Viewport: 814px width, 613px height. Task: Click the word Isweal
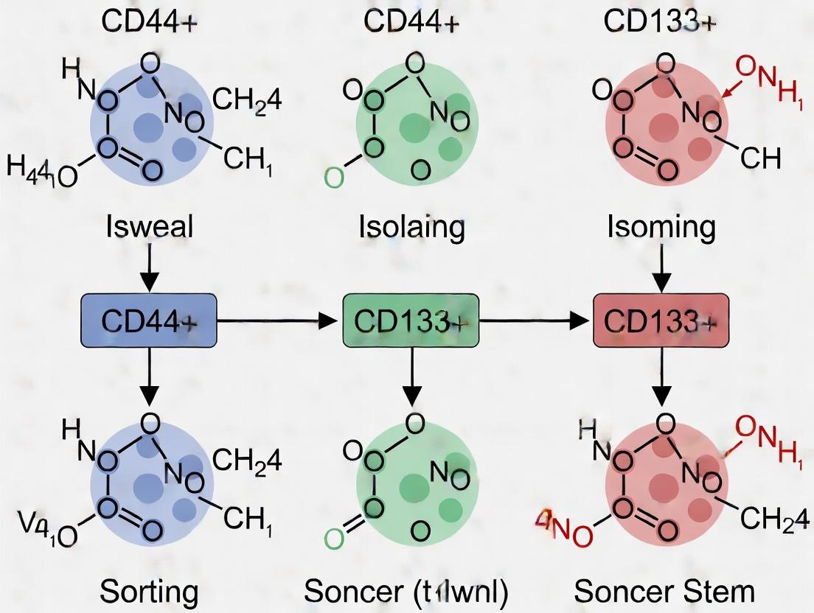[149, 227]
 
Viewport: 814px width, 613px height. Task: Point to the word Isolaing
[411, 228]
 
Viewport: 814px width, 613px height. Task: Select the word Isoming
[661, 228]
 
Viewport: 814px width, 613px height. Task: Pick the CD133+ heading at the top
[658, 21]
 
